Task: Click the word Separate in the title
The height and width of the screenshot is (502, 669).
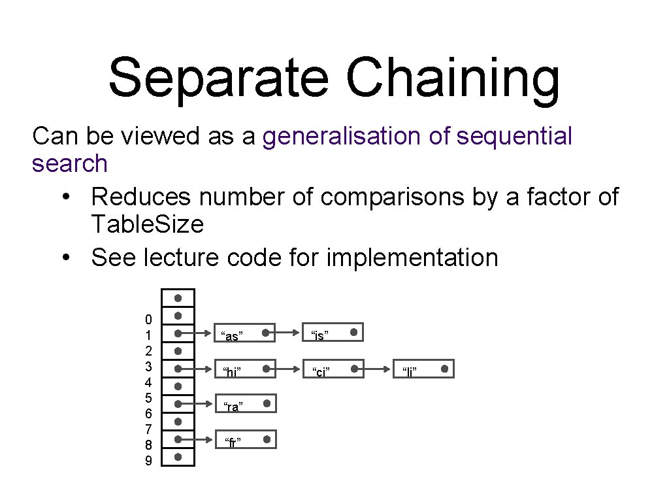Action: tap(218, 77)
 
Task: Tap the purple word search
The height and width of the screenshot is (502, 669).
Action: tap(69, 163)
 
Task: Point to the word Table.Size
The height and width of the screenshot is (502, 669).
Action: tap(148, 225)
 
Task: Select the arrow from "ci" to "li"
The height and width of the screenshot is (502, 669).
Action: tap(374, 370)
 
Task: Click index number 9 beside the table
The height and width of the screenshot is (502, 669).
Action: tap(148, 461)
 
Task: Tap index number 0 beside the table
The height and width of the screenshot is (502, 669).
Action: tap(148, 320)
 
